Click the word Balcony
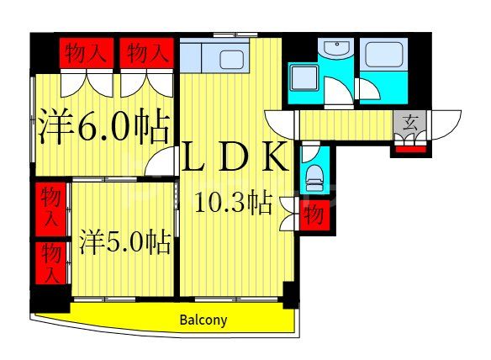coord(203,320)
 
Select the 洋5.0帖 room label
coord(125,243)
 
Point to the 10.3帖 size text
coord(233,203)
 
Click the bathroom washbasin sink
coord(336,50)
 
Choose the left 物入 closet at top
coord(86,54)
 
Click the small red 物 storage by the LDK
coord(314,214)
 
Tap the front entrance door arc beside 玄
coord(446,124)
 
